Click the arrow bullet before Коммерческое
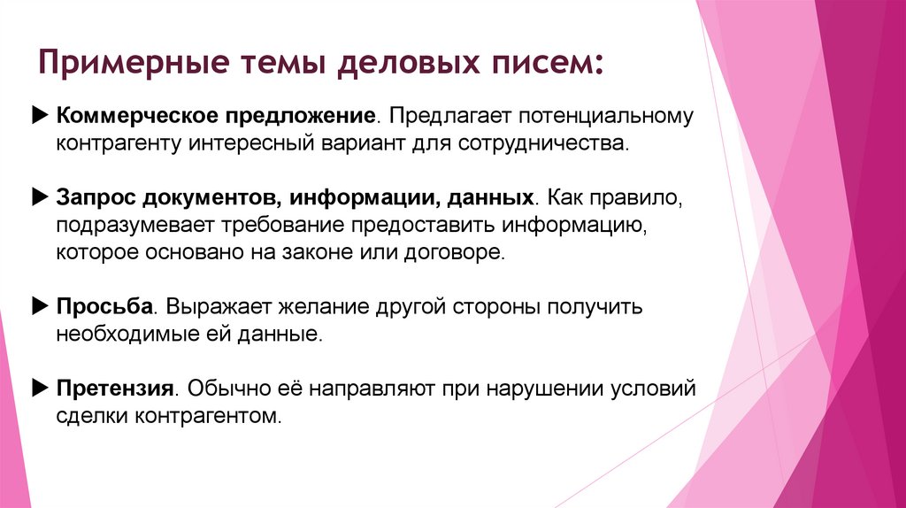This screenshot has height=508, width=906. [x=39, y=116]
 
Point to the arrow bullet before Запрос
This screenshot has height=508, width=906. [x=39, y=197]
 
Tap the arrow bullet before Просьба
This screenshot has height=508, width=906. [x=39, y=306]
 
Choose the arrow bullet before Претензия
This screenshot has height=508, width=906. [x=39, y=388]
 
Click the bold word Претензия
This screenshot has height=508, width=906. [x=114, y=389]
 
